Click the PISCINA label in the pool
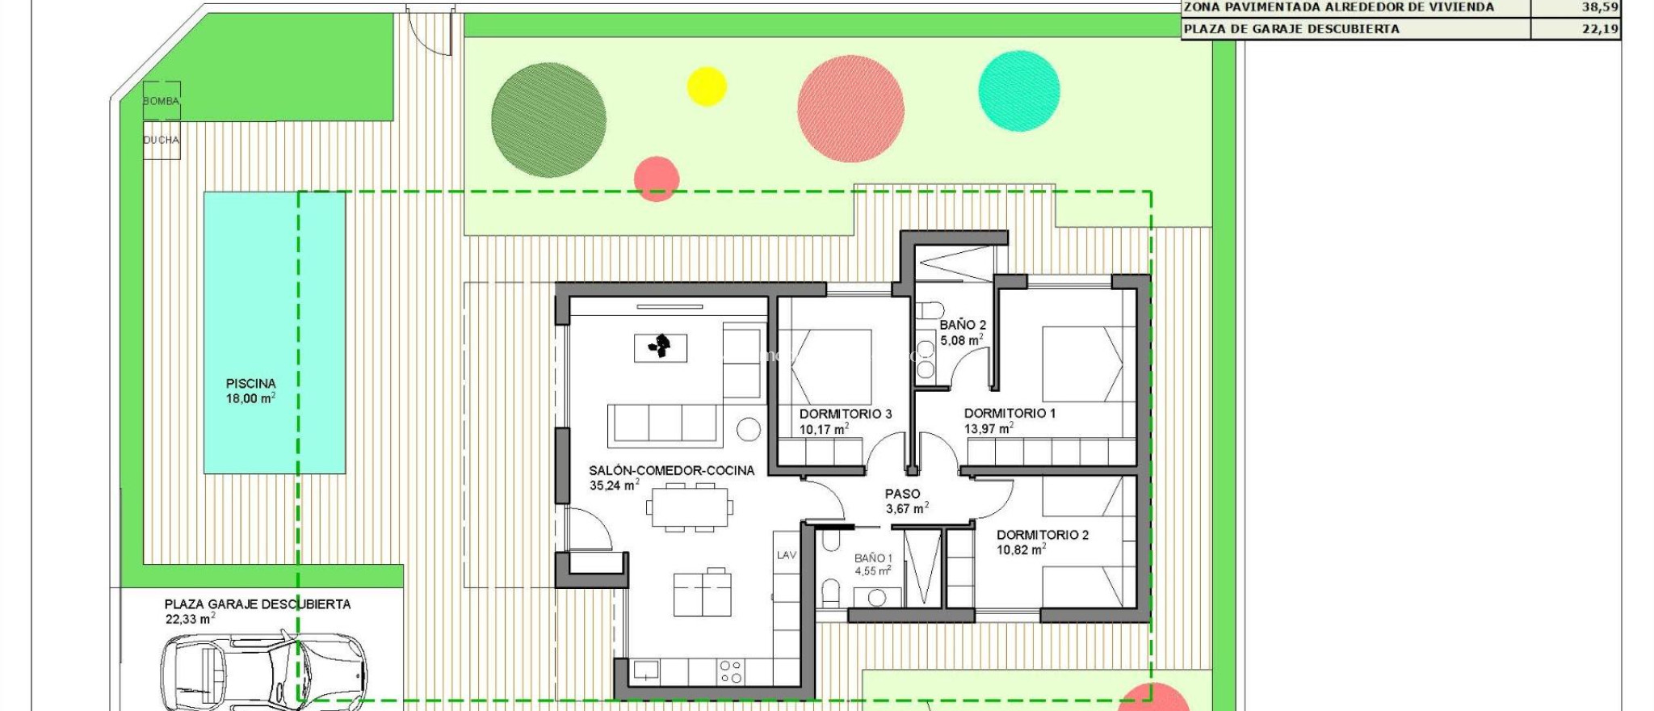[250, 384]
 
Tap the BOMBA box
[162, 101]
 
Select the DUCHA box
[162, 141]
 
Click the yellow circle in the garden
[707, 86]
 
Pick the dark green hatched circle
[548, 120]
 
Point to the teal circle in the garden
[1019, 90]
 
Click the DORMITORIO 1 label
[1010, 414]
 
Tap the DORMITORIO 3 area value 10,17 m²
[824, 430]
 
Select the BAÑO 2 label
[963, 325]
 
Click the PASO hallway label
[902, 494]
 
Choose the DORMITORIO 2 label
[1042, 535]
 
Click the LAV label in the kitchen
[787, 555]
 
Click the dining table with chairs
[690, 507]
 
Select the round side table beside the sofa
[749, 429]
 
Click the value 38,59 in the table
[1599, 7]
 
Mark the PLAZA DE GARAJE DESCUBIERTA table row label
[1291, 29]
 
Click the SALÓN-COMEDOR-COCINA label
[671, 470]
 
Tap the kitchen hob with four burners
[731, 671]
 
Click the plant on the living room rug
[660, 347]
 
